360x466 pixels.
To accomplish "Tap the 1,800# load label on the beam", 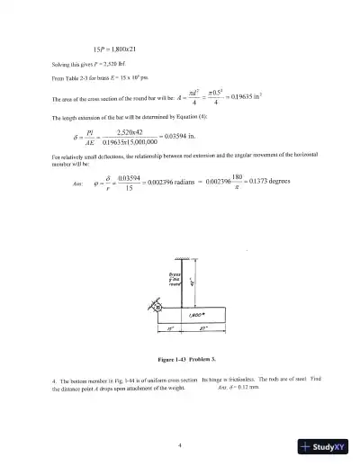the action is coord(191,316).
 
